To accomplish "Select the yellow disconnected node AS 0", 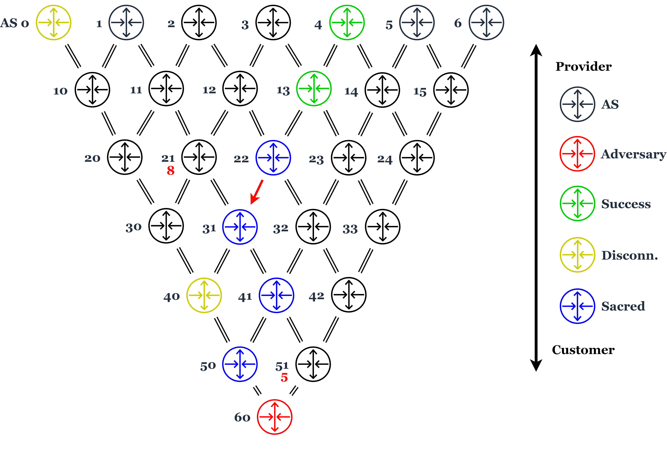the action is click(53, 22).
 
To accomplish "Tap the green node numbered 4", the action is click(347, 22).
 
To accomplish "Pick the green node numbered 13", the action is click(314, 88).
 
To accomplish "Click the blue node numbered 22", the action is click(273, 158).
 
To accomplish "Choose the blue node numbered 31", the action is click(240, 227).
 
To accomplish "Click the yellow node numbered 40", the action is click(204, 295).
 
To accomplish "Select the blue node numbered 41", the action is click(276, 295).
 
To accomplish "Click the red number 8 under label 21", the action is click(171, 171).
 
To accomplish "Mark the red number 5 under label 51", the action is click(284, 378).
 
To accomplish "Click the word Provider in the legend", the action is click(583, 67).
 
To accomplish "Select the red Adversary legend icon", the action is click(577, 154).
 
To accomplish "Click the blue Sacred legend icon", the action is click(577, 306).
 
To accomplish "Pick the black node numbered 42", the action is click(349, 295).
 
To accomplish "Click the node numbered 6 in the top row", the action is click(486, 22).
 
